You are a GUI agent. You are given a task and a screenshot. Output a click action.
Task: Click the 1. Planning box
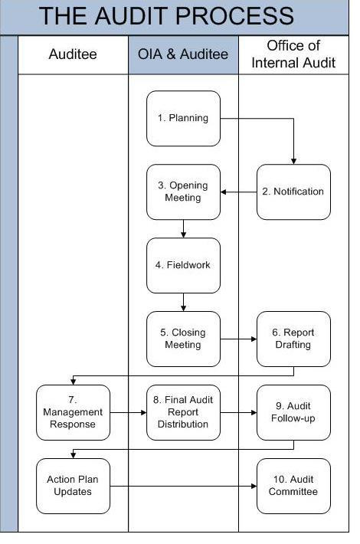click(183, 118)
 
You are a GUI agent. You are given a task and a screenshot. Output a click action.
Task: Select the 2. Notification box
click(293, 192)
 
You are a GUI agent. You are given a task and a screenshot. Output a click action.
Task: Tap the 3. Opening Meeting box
click(183, 192)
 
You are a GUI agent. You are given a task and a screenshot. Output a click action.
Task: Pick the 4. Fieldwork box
click(183, 265)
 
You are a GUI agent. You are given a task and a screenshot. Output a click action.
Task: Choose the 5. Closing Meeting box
click(183, 339)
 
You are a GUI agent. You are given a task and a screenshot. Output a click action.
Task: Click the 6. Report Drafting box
click(293, 339)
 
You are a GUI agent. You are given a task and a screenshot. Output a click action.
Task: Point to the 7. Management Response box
click(74, 412)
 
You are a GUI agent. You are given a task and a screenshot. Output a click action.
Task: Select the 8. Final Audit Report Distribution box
click(183, 412)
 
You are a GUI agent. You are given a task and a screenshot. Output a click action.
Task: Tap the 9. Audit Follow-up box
click(293, 412)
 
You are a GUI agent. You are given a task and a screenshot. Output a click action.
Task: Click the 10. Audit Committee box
click(293, 486)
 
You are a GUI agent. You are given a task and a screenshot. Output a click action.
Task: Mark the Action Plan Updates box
click(74, 486)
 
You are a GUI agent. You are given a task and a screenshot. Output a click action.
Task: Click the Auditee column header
click(73, 54)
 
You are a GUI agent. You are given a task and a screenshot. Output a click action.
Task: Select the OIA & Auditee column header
click(183, 54)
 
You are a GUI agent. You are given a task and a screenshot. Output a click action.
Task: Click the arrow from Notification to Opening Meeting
click(238, 192)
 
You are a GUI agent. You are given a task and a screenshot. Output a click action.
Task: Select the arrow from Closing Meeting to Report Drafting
click(238, 339)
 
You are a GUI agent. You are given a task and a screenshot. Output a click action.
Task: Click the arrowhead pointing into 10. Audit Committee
click(253, 486)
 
